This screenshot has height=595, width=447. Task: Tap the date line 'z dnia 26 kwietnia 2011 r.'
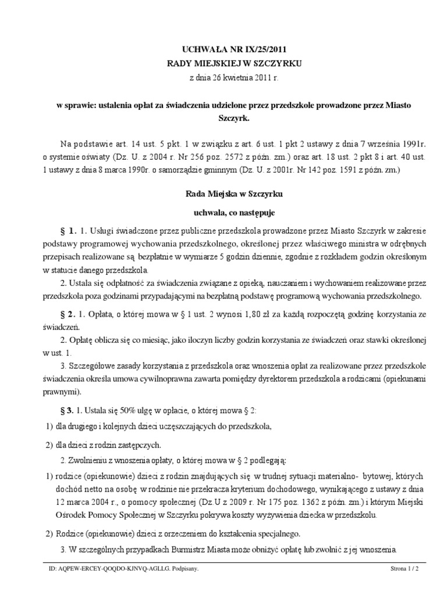tap(223, 77)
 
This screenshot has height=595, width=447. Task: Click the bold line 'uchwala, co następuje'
tap(223, 213)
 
